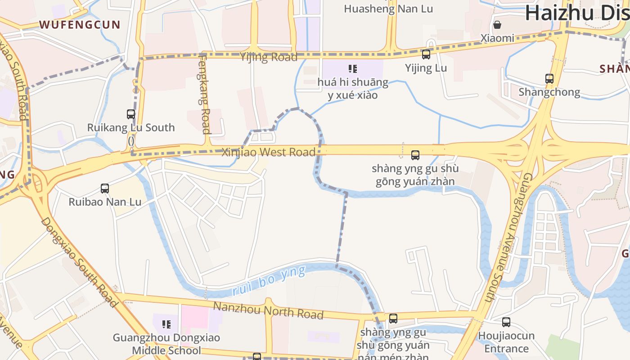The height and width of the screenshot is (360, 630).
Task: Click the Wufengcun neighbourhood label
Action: click(x=80, y=24)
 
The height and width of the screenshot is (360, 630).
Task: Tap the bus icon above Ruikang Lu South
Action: click(x=131, y=114)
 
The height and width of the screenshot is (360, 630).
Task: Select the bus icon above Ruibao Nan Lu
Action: click(x=105, y=189)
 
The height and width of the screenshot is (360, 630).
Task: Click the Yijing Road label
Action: click(x=269, y=57)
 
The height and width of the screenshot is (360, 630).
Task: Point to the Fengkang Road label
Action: click(x=205, y=94)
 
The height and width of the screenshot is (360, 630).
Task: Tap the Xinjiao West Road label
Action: click(x=269, y=152)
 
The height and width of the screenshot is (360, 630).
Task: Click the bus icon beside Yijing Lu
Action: click(x=426, y=55)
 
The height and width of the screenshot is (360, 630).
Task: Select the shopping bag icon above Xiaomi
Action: click(x=497, y=24)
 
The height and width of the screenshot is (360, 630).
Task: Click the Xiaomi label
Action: click(x=497, y=38)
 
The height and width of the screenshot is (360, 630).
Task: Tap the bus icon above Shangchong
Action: click(x=549, y=79)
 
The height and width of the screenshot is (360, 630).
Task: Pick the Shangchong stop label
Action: click(x=549, y=92)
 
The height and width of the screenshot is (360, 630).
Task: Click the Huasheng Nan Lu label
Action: click(x=388, y=9)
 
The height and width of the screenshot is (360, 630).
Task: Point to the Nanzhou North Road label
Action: click(x=268, y=311)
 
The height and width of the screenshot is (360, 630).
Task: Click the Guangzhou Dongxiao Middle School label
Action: click(x=166, y=344)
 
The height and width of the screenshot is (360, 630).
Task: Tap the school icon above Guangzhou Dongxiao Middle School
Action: click(x=166, y=324)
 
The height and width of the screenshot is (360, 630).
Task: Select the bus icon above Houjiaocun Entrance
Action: click(x=506, y=322)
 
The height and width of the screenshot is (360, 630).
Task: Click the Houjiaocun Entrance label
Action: click(x=506, y=342)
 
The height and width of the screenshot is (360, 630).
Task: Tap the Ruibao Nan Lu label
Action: click(x=105, y=202)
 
